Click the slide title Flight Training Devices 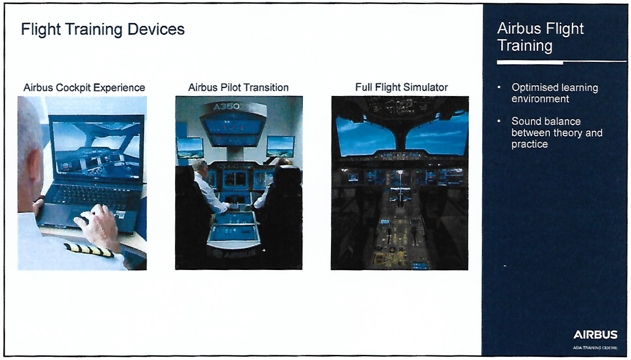click(x=103, y=30)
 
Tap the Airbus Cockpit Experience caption click(x=84, y=88)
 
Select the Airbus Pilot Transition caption click(x=238, y=87)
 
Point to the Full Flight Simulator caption click(x=402, y=87)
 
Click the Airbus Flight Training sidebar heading click(x=540, y=37)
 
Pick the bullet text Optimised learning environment click(x=555, y=93)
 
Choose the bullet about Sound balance click(x=557, y=132)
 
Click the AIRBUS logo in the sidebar click(x=595, y=335)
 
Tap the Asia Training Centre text click(x=595, y=348)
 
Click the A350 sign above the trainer click(x=227, y=107)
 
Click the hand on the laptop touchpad click(x=97, y=225)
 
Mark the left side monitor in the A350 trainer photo click(x=190, y=148)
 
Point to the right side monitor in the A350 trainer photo click(x=281, y=146)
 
